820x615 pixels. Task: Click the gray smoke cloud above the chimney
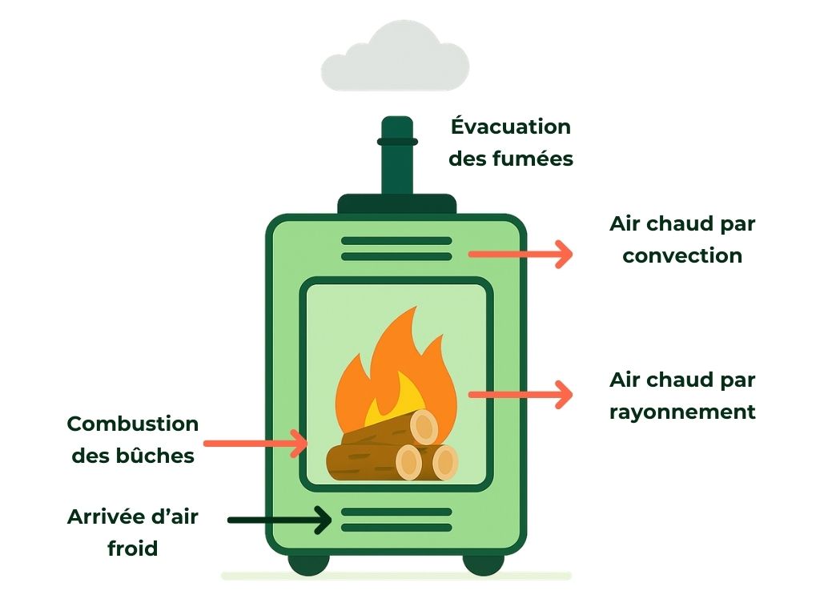(395, 58)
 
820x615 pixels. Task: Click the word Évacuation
(511, 127)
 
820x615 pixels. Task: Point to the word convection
(682, 256)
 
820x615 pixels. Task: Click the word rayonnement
(682, 412)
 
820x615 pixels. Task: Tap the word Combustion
(133, 424)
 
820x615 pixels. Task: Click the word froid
(133, 549)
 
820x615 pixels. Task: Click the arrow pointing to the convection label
(521, 255)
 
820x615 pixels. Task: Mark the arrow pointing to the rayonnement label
(521, 394)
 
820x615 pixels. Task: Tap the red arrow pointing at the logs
(255, 443)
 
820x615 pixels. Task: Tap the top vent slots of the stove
(396, 248)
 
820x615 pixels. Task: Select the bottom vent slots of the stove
(396, 520)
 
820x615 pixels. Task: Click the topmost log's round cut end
(424, 427)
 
